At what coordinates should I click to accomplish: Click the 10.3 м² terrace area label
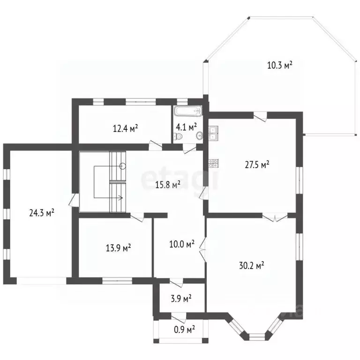pos(280,65)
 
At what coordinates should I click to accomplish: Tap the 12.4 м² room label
pos(125,128)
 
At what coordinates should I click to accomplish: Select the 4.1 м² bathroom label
pos(187,127)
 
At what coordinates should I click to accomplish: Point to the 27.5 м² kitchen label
pos(257,165)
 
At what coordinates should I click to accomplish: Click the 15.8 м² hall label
pos(168,185)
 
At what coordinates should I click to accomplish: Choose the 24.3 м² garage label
pos(42,213)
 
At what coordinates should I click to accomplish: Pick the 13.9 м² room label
pos(118,248)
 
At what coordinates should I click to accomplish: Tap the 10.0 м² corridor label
pos(182,244)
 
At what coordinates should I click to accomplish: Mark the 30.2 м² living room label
pos(251,265)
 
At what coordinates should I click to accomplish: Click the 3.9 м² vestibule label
pos(181,299)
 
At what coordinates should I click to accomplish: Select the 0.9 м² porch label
pos(185,330)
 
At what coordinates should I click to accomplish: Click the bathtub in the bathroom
pos(188,111)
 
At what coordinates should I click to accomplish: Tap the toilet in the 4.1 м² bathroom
pos(179,136)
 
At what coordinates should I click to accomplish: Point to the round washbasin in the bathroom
pos(200,135)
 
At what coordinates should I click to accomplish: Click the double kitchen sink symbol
pos(213,133)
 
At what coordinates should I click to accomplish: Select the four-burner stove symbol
pos(214,163)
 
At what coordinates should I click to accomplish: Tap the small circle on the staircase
pos(123,166)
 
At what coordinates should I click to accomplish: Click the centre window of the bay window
pos(257,337)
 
